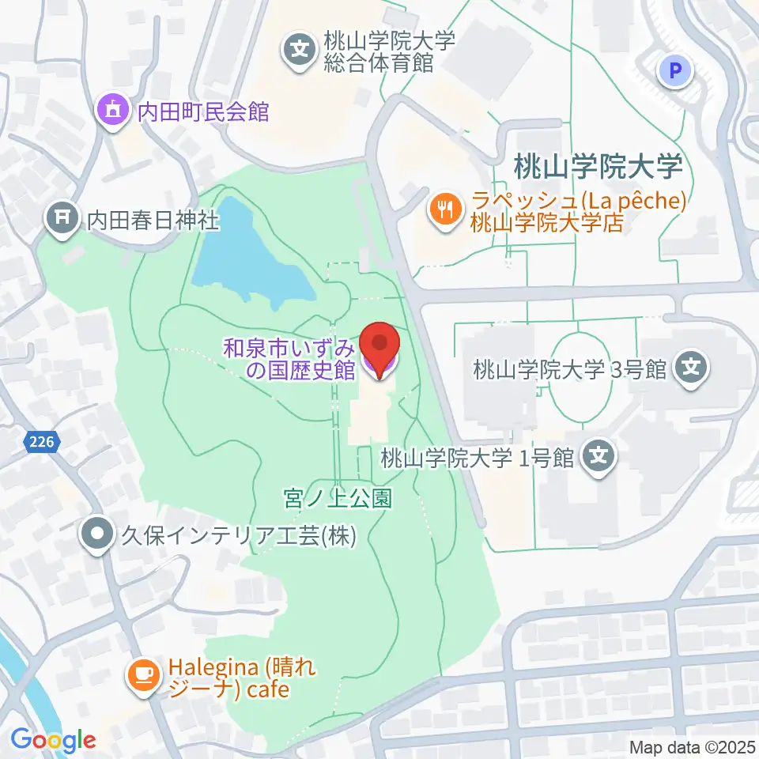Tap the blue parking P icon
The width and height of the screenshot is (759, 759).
pos(675,73)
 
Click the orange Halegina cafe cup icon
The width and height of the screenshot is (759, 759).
pos(143,675)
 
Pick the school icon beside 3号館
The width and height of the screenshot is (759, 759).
pos(693,368)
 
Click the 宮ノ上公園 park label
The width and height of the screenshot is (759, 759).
pos(338,498)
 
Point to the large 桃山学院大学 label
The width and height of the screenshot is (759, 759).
pos(597,168)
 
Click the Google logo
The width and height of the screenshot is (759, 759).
pos(53,740)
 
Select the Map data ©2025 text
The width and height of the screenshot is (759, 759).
pos(692,746)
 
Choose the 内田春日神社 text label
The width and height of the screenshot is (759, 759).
pos(153,218)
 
